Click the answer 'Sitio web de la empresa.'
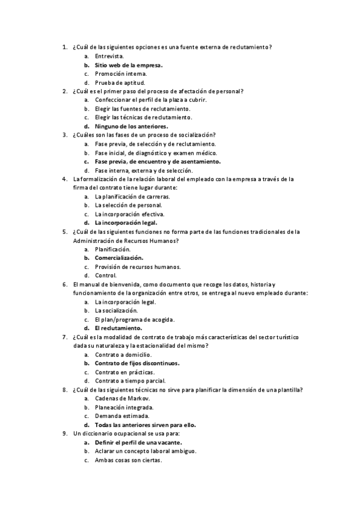point(129,64)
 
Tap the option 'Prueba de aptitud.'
point(120,82)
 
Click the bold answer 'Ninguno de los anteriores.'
point(131,126)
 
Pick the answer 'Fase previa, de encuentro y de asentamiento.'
point(157,161)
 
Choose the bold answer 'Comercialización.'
point(119,257)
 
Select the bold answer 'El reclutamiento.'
point(118,328)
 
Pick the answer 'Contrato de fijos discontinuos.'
point(137,363)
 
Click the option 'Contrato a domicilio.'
point(123,355)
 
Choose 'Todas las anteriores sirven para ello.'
point(145,425)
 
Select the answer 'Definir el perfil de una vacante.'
point(138,442)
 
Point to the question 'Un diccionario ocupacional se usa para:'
point(126,433)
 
